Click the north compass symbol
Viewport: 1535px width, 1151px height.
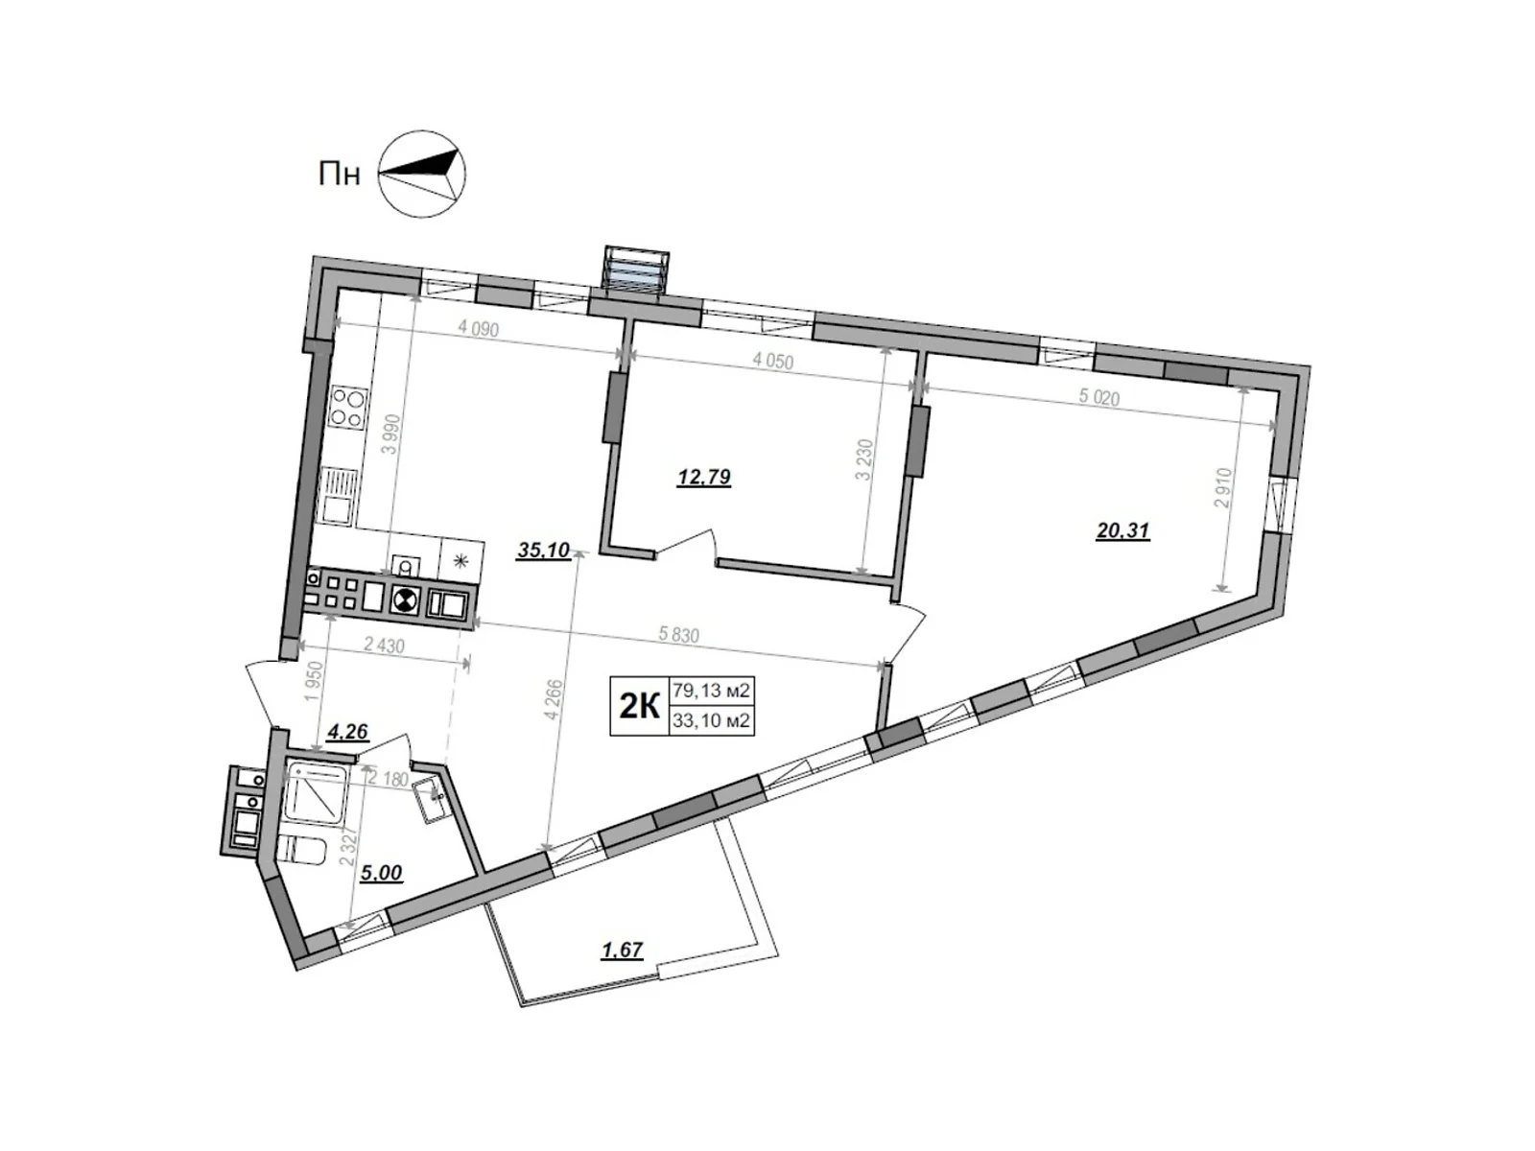coord(422,173)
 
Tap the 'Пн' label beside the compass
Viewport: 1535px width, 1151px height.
coord(340,175)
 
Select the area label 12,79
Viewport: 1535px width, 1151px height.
coord(704,477)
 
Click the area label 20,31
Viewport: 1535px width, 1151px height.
coord(1122,529)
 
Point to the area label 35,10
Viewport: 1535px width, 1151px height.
coord(543,551)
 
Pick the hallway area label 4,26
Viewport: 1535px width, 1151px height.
coord(348,733)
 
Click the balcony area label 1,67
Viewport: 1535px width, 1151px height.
coord(621,950)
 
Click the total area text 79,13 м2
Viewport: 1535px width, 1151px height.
coord(711,689)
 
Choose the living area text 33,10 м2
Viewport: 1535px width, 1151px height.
coord(711,720)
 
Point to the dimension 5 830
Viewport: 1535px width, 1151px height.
coord(679,635)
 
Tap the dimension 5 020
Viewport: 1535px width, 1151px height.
coord(1098,397)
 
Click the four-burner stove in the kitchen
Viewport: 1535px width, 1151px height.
coord(346,408)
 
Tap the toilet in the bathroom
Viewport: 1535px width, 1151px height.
coord(303,850)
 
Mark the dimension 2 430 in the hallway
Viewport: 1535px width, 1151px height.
coord(384,646)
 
